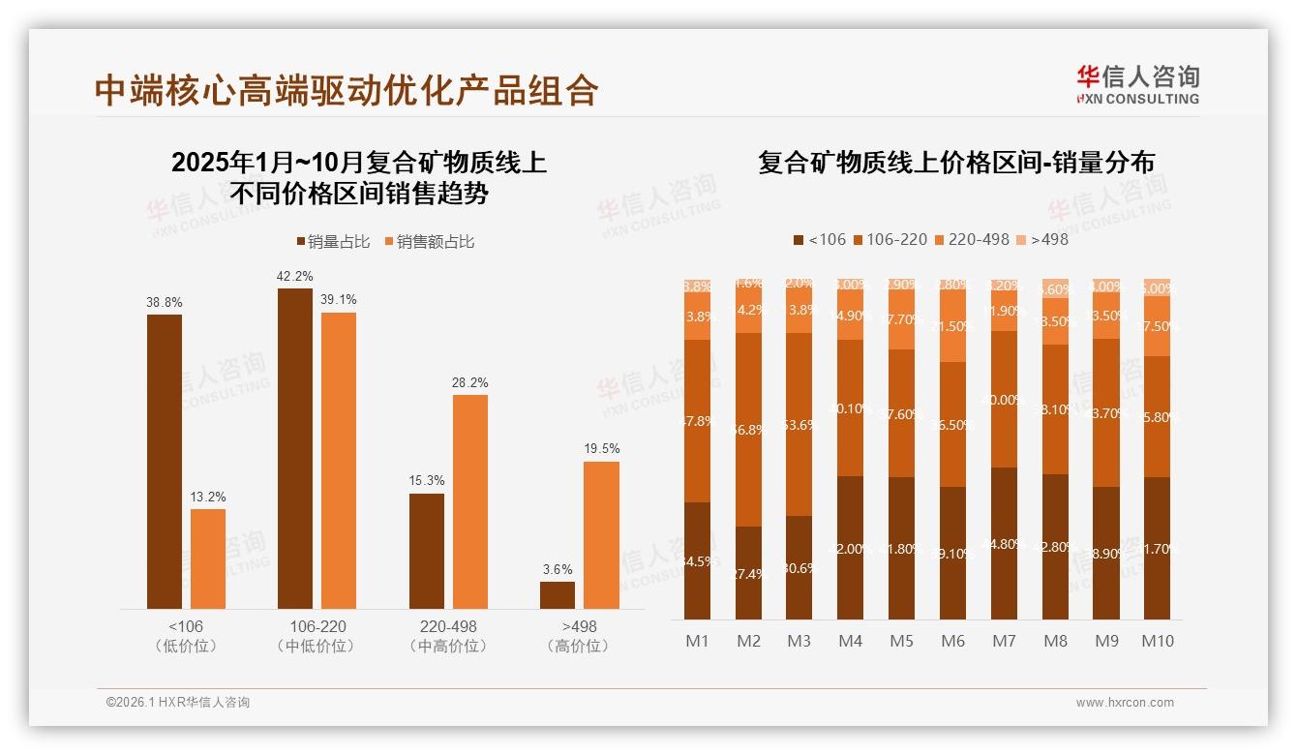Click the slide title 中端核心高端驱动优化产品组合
(x=347, y=90)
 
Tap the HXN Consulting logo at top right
(x=1137, y=84)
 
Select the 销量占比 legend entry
(x=333, y=242)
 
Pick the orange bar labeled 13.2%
(x=208, y=559)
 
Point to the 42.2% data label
(x=295, y=276)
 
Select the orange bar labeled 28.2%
(x=470, y=501)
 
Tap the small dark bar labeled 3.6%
(x=558, y=594)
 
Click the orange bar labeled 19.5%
(x=601, y=535)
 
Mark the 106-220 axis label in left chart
(x=317, y=626)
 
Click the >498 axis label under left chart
(x=578, y=626)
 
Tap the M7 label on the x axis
(x=1005, y=641)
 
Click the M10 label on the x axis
(x=1157, y=641)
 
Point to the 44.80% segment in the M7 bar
(x=1005, y=543)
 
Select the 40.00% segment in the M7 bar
(x=1005, y=400)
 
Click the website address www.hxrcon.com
(x=1125, y=703)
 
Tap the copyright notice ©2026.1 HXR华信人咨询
(x=178, y=703)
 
